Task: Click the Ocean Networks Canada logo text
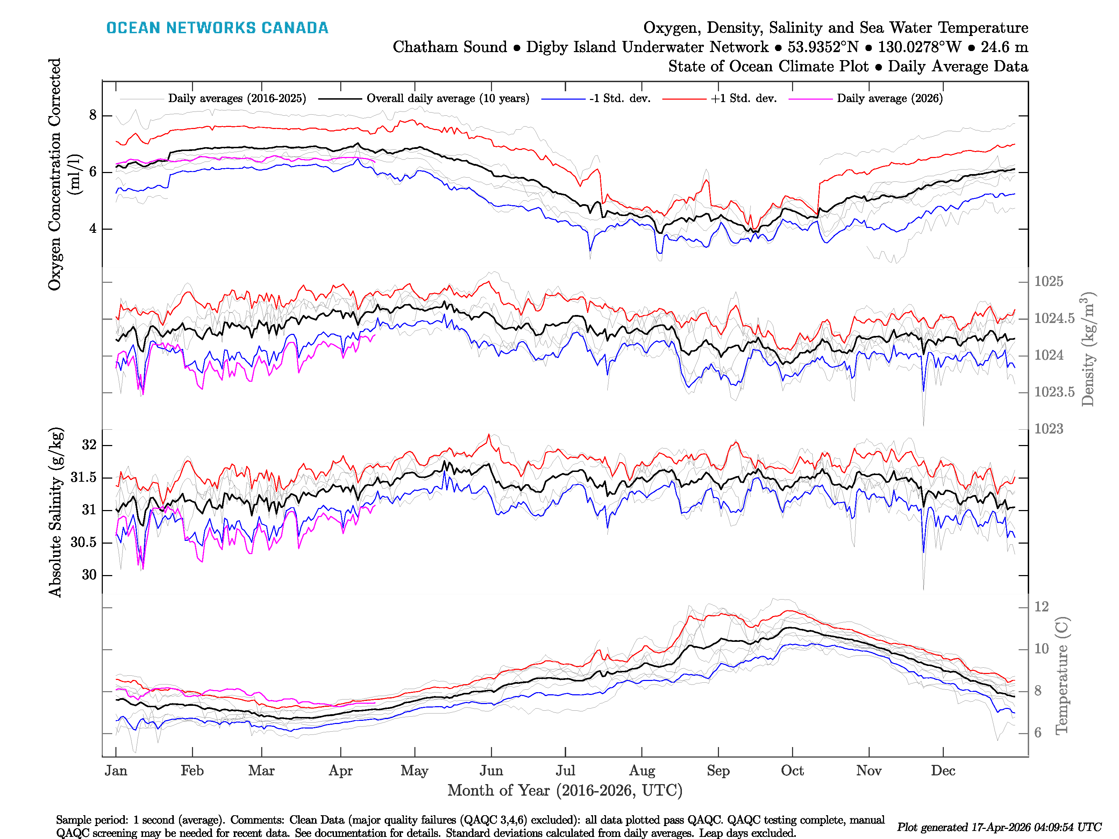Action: point(217,28)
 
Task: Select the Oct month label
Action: point(792,771)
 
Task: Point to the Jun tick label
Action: point(491,771)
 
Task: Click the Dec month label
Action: point(943,771)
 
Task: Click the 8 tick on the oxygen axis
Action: point(93,115)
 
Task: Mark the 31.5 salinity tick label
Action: point(84,478)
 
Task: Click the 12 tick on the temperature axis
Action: point(1041,607)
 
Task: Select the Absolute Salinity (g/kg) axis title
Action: point(56,512)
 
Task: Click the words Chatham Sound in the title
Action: point(450,47)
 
